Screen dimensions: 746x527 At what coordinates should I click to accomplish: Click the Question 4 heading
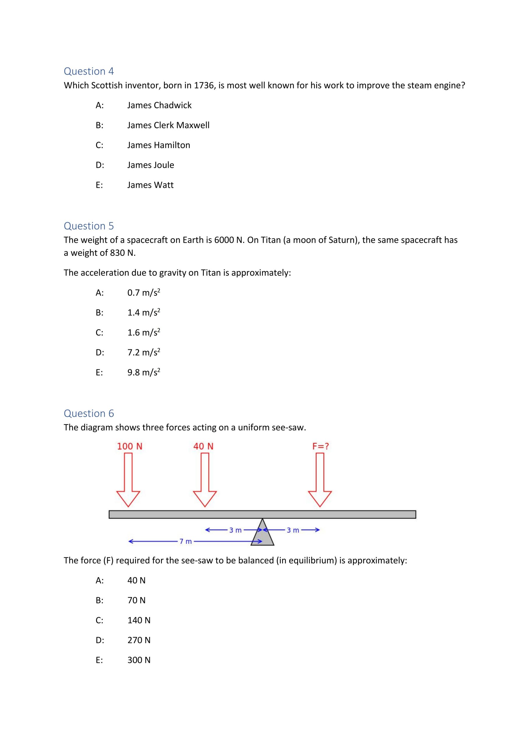[x=89, y=71]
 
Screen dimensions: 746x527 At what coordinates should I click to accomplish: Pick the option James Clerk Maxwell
[x=168, y=125]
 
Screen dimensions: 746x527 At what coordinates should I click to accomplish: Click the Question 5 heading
[x=89, y=226]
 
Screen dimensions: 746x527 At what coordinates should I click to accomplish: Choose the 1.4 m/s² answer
[x=144, y=313]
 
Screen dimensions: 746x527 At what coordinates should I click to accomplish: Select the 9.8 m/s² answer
[x=144, y=372]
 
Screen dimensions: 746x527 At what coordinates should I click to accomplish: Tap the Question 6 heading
[x=89, y=413]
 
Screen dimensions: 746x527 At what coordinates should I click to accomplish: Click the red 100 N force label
[x=130, y=446]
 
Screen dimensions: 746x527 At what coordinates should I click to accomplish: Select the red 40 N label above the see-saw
[x=203, y=446]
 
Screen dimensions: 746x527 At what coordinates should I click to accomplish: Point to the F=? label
[x=321, y=446]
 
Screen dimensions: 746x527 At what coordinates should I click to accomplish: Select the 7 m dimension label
[x=186, y=541]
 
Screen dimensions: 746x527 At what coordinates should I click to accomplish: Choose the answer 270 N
[x=139, y=640]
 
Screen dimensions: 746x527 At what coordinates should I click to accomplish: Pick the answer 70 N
[x=136, y=600]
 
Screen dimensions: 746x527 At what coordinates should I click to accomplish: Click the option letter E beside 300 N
[x=99, y=660]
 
